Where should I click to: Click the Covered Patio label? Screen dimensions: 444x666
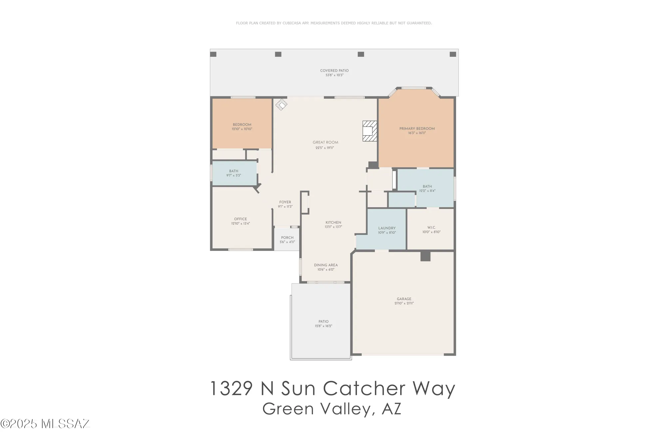click(334, 71)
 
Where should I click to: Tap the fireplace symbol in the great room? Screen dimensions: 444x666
click(369, 131)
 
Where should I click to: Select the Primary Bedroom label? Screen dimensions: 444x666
click(417, 129)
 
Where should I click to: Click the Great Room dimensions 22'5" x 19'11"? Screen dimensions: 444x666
click(325, 148)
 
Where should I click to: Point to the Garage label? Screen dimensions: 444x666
click(404, 299)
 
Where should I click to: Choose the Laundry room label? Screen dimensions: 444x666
click(387, 228)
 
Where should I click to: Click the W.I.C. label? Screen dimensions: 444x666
click(431, 227)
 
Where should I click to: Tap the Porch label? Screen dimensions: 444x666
click(287, 238)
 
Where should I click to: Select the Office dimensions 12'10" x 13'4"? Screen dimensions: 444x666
click(240, 223)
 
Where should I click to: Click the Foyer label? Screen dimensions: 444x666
click(285, 202)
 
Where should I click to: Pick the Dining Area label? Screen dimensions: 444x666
click(326, 265)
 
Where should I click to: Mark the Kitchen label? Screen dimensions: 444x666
click(333, 222)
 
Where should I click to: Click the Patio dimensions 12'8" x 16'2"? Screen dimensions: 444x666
click(323, 326)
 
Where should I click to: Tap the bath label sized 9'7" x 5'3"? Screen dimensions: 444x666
click(233, 171)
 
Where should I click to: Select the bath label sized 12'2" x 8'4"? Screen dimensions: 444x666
click(427, 187)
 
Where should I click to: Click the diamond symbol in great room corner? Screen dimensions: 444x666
click(281, 105)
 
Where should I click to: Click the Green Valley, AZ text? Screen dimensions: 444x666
click(332, 409)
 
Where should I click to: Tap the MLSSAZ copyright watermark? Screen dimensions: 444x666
click(45, 424)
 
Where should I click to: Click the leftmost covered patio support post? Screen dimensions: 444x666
click(213, 54)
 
